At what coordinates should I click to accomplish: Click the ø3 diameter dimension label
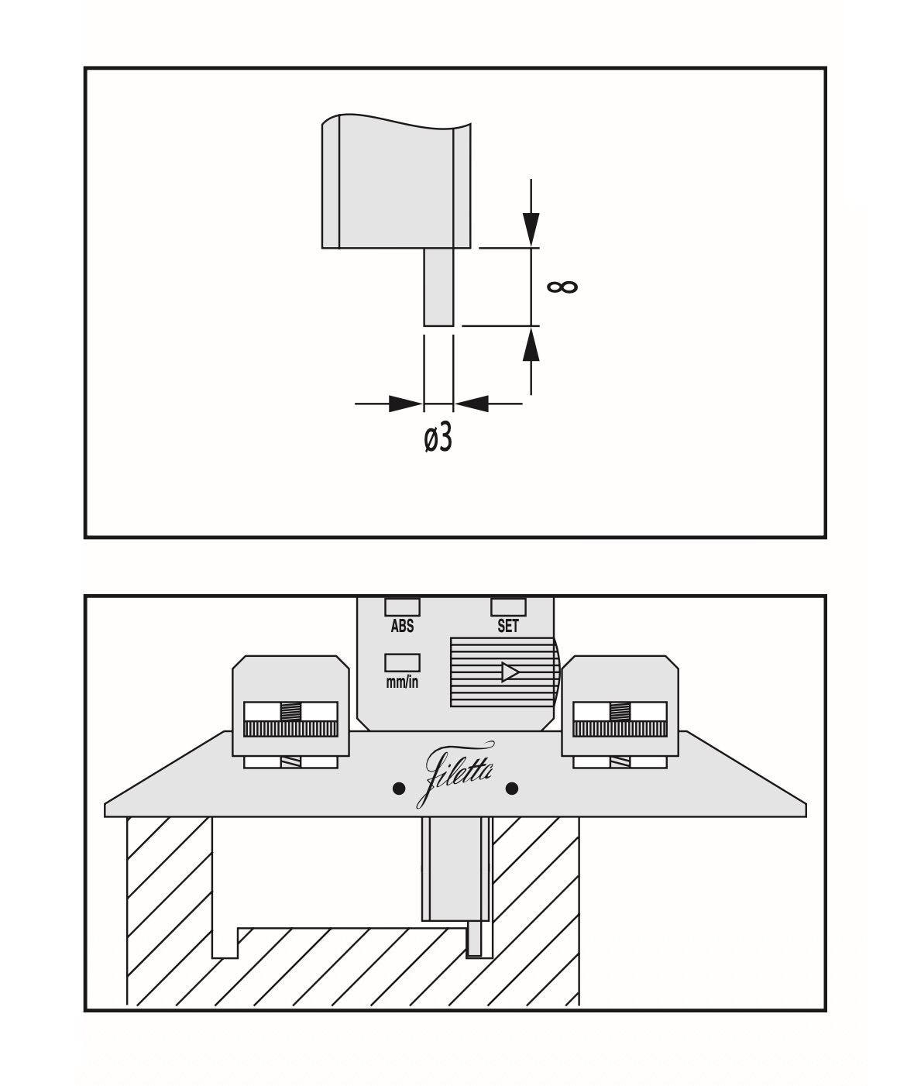[438, 440]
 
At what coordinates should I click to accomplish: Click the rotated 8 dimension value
[562, 287]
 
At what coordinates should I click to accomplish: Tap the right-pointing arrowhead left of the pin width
[404, 403]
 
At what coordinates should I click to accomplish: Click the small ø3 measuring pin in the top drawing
[438, 287]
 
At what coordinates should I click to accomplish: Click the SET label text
[508, 627]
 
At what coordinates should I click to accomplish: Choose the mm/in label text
[402, 682]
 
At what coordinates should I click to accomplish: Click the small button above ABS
[402, 607]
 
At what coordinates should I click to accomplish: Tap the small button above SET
[508, 607]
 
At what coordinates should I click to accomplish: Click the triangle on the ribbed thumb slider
[509, 672]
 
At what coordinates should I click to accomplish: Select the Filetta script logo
[460, 774]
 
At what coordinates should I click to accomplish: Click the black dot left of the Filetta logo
[398, 789]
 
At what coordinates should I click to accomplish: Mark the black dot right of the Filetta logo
[511, 789]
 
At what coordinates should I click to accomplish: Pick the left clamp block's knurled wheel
[290, 729]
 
